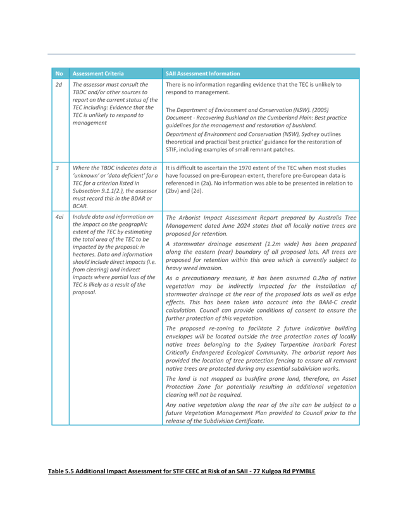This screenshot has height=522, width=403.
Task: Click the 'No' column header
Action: pos(59,73)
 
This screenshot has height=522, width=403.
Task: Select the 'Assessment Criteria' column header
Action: pos(98,73)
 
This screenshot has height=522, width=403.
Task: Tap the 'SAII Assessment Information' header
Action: pos(202,73)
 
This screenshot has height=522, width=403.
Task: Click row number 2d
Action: pos(59,85)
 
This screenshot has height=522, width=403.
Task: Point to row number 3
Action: pos(57,168)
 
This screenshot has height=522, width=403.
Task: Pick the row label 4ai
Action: pos(59,217)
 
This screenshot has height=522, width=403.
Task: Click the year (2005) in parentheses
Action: pos(321,110)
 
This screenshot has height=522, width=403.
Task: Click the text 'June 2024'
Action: pos(225,226)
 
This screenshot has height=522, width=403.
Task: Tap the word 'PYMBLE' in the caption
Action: pos(304,471)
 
